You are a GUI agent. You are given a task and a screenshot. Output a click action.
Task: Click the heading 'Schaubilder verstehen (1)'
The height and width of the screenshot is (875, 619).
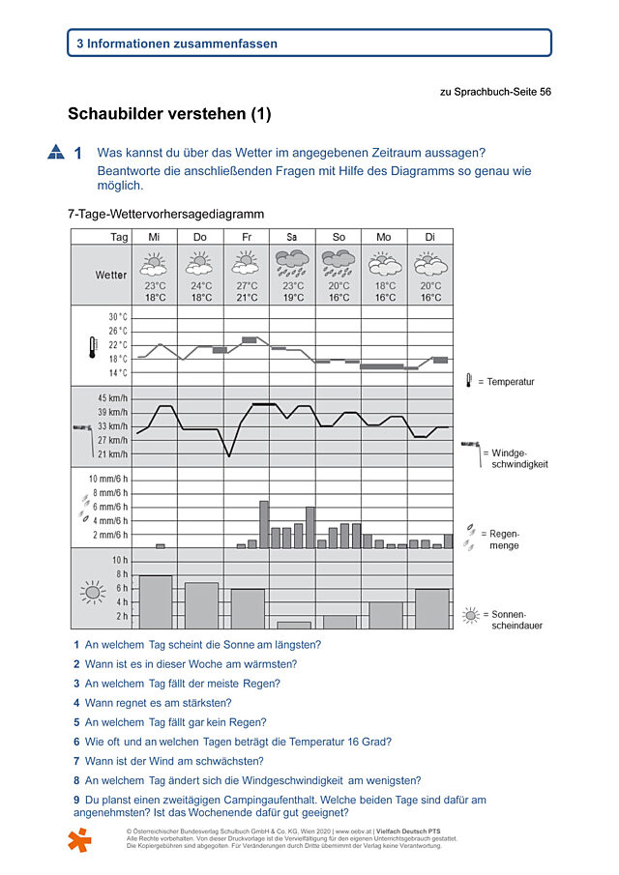click(x=169, y=114)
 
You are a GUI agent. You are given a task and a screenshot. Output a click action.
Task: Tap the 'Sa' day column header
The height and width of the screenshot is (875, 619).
click(x=291, y=237)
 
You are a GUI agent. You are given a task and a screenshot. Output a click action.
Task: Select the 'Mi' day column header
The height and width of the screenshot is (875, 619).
click(x=154, y=237)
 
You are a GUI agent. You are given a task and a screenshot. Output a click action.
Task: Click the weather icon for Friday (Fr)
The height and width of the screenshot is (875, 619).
click(x=247, y=262)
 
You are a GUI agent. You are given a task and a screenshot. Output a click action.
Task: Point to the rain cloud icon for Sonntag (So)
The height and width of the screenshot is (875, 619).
click(x=338, y=262)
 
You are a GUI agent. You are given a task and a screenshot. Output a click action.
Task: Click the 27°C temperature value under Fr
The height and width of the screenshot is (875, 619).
click(x=247, y=286)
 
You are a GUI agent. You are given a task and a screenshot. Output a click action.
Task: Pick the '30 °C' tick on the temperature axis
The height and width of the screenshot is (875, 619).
click(x=117, y=317)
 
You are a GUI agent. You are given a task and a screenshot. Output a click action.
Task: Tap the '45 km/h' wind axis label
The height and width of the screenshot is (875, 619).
click(x=112, y=398)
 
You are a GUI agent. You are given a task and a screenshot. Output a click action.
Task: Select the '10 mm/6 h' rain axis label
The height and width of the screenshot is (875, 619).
click(x=108, y=479)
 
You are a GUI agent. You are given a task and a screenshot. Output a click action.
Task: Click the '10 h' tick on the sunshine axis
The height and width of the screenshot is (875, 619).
click(x=120, y=560)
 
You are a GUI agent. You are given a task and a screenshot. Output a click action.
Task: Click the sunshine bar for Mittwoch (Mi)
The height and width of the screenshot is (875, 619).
click(x=156, y=601)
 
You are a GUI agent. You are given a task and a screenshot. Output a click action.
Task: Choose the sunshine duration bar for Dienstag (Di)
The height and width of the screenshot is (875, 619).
click(x=431, y=608)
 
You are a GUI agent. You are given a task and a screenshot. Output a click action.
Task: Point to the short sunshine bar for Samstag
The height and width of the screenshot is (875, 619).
click(x=294, y=625)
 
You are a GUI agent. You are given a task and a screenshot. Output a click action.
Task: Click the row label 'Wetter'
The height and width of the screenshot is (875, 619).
click(x=110, y=275)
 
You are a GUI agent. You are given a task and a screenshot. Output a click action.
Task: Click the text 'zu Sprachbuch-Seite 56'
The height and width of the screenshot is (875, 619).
click(x=495, y=92)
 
